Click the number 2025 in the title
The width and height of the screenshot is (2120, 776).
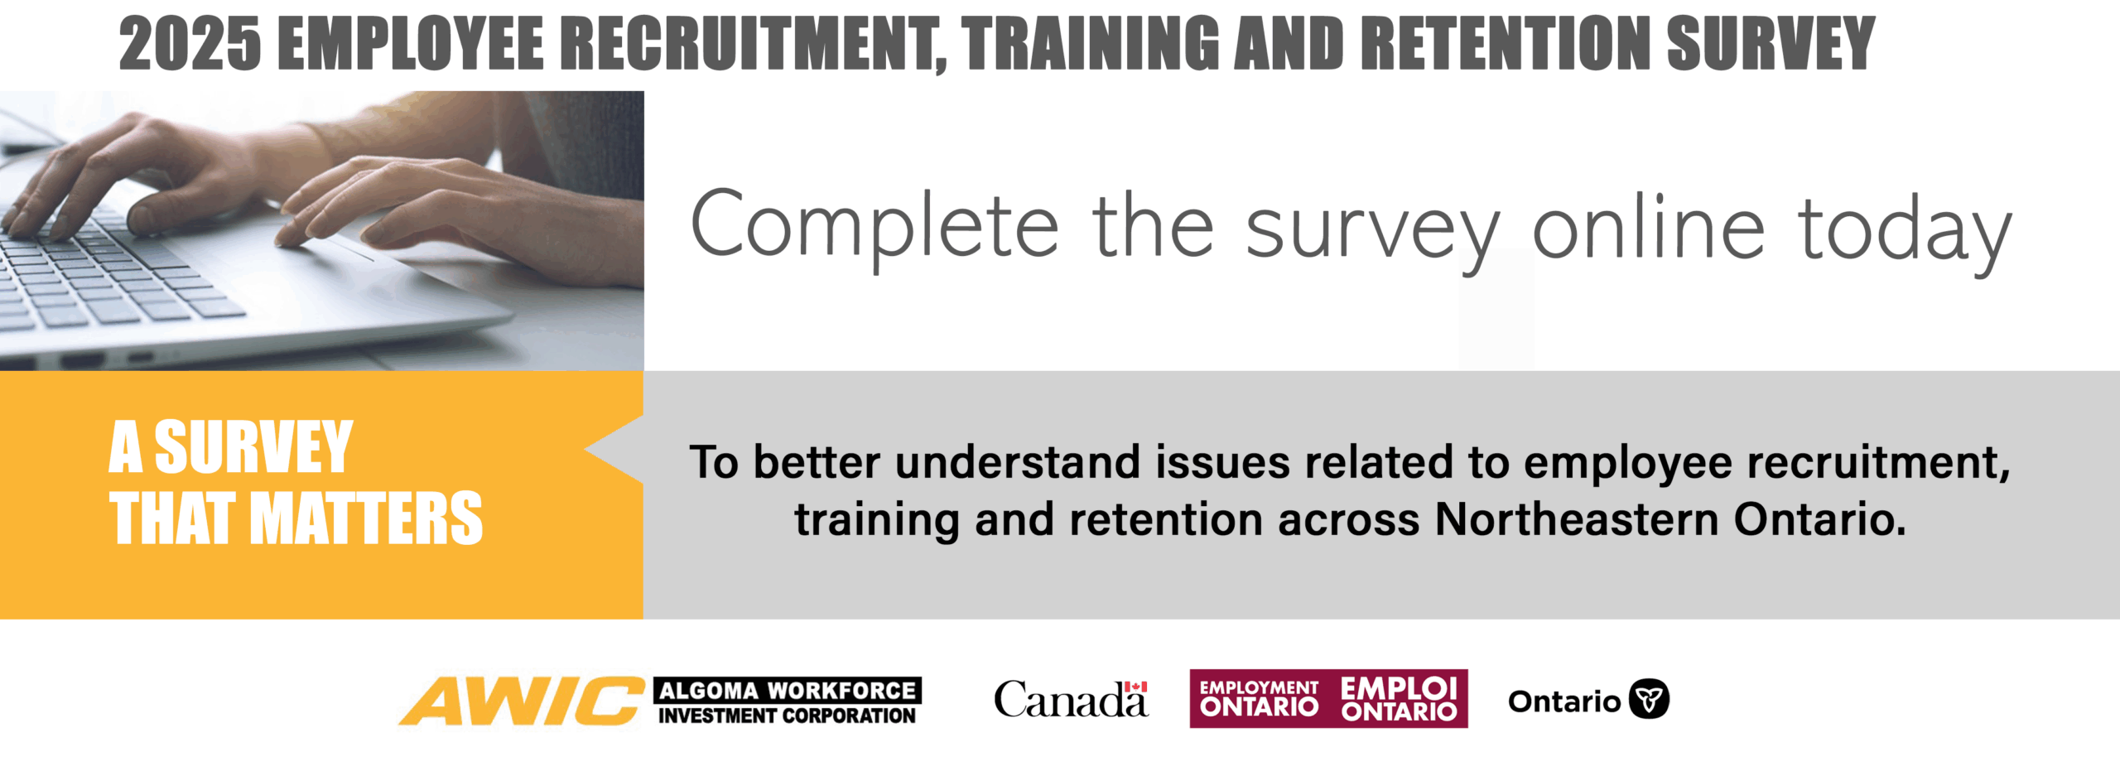point(190,43)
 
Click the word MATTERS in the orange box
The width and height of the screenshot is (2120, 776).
point(372,518)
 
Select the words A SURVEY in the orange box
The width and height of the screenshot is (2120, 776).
point(231,447)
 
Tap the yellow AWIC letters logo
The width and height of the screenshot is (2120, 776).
point(522,701)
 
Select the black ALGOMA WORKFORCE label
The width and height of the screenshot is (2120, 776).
point(788,690)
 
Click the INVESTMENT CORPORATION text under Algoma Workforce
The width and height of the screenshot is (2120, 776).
point(787,716)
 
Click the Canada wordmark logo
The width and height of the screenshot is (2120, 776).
point(1071,700)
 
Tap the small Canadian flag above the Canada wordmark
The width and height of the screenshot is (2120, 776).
point(1135,687)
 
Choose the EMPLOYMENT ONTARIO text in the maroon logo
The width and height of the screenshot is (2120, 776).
point(1259,699)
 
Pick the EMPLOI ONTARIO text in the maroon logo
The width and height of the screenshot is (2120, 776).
point(1399,699)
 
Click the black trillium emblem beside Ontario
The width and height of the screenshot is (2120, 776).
point(1649,700)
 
